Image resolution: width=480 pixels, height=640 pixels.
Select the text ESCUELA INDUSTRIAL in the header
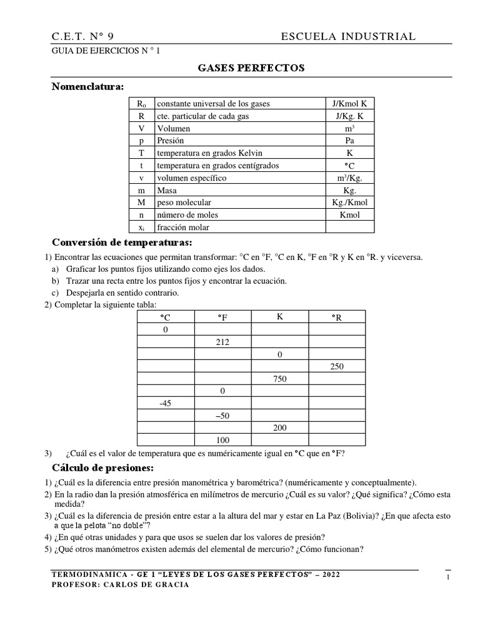click(348, 37)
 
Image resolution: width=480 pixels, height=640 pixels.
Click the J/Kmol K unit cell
click(349, 103)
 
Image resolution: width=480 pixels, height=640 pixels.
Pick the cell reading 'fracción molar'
click(183, 227)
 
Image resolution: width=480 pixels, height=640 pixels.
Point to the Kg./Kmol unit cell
click(349, 202)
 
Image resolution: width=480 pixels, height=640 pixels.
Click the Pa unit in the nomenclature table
click(349, 141)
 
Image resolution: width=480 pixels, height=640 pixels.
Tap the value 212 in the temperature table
click(222, 342)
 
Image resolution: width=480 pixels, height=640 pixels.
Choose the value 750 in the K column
click(279, 379)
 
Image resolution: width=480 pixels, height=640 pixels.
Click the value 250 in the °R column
click(337, 367)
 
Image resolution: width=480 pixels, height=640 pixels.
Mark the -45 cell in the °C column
click(165, 403)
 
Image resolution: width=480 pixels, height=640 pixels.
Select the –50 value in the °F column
click(222, 416)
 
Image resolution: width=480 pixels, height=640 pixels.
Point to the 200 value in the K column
click(279, 427)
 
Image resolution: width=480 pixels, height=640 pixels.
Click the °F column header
click(222, 317)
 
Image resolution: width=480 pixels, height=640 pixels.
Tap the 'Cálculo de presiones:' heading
click(102, 468)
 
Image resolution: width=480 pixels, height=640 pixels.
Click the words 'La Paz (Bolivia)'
click(346, 516)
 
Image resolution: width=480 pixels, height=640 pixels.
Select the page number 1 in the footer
click(447, 578)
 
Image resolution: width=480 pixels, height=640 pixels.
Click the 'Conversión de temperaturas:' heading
click(121, 242)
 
